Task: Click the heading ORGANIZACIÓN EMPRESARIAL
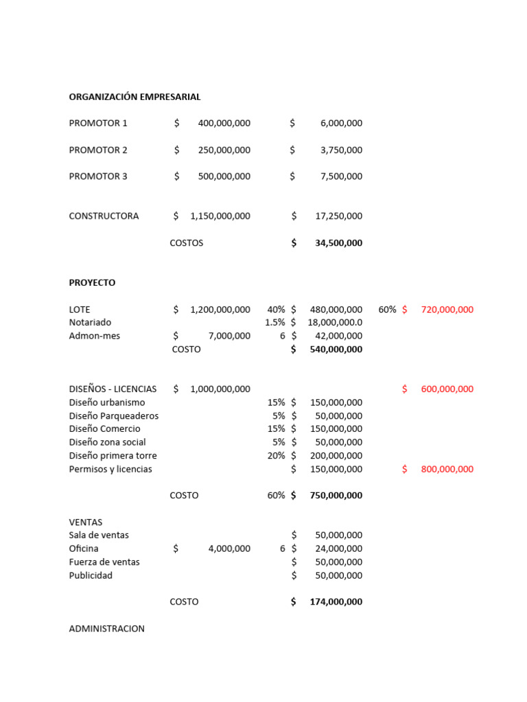coord(134,97)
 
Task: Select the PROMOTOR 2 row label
coord(98,149)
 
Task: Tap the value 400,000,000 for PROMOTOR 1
coord(224,123)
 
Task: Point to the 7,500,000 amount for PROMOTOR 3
coord(341,176)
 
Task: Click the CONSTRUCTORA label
coord(104,216)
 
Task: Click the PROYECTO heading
coord(92,282)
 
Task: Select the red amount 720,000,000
coord(447,309)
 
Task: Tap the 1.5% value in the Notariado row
coord(274,322)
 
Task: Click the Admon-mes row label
coord(94,336)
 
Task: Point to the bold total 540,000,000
coord(336,349)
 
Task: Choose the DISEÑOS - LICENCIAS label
coord(113,389)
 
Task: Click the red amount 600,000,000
coord(447,389)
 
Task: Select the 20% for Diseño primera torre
coord(276,455)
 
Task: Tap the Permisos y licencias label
coord(110,469)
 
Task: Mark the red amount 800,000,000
coord(447,469)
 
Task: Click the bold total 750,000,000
coord(336,495)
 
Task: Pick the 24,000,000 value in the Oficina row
coord(338,548)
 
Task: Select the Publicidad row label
coord(91,575)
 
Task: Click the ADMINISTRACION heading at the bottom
coord(106,628)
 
